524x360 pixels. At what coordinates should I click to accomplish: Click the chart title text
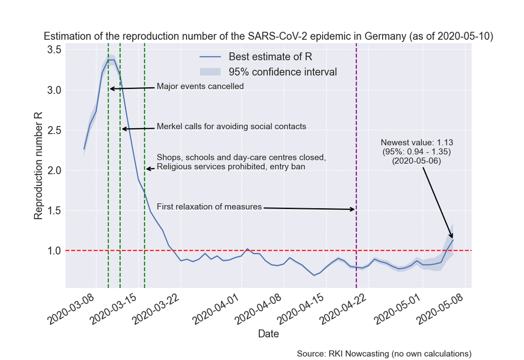[269, 36]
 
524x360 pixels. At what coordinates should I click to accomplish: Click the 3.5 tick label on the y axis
[54, 50]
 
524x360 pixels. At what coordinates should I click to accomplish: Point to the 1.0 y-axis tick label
[54, 250]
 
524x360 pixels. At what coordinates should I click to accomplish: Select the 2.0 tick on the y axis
[54, 170]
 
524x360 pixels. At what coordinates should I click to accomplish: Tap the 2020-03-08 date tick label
[71, 309]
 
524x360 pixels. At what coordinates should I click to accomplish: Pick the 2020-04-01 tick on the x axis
[216, 309]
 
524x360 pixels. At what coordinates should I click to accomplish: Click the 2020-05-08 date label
[440, 309]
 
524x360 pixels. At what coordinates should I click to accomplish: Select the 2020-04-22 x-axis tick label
[343, 309]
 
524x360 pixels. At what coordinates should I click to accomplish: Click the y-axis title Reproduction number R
[38, 166]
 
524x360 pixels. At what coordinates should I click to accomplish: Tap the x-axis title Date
[269, 334]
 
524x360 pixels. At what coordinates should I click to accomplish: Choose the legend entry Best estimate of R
[270, 57]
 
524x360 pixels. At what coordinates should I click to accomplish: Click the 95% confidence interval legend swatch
[210, 72]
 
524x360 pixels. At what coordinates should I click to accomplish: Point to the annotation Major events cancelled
[200, 86]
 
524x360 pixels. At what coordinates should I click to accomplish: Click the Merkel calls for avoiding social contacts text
[231, 127]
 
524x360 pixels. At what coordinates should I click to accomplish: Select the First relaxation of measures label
[209, 207]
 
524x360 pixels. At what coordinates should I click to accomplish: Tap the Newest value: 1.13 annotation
[416, 142]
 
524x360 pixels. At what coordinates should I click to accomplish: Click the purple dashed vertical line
[356, 166]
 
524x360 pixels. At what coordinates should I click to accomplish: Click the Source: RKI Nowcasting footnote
[384, 353]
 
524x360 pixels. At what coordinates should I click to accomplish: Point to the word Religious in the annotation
[172, 167]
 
